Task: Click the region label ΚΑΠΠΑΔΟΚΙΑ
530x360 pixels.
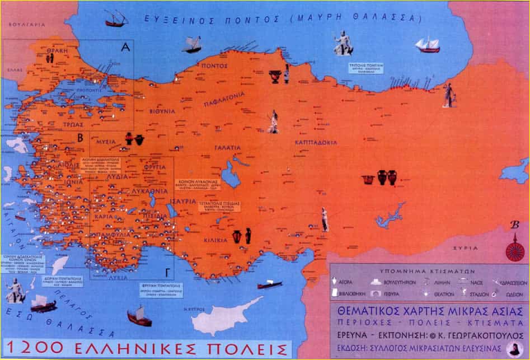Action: [316, 142]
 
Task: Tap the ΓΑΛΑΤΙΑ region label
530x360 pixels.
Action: [227, 148]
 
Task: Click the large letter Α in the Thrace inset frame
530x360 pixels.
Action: [125, 48]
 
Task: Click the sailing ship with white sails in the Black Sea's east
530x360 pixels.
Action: [428, 45]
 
